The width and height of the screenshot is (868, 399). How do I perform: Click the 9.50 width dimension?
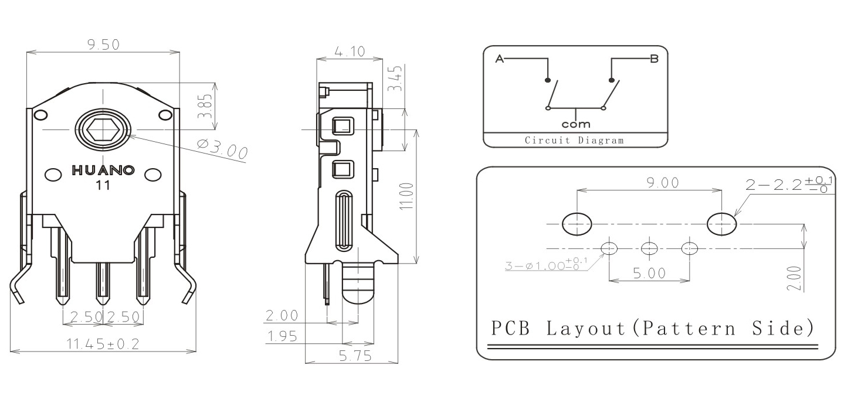103,45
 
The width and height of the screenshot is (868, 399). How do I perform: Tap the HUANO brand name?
103,171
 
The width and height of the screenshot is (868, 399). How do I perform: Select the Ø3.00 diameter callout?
222,150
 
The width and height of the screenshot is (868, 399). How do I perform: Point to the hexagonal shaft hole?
103,129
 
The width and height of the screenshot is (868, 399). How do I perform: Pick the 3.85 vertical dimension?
206,106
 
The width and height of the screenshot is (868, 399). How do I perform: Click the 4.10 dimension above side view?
350,52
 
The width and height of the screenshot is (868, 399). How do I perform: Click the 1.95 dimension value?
282,336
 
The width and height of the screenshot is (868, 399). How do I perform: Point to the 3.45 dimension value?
396,79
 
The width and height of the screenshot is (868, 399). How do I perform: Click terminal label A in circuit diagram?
500,59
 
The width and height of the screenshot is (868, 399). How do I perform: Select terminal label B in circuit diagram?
654,59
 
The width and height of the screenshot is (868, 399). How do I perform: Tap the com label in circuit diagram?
576,124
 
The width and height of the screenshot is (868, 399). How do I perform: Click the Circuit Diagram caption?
574,141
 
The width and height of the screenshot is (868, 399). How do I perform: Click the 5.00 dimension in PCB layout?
649,274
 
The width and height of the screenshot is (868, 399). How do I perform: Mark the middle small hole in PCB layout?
649,248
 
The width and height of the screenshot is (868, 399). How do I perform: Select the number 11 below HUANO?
103,186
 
